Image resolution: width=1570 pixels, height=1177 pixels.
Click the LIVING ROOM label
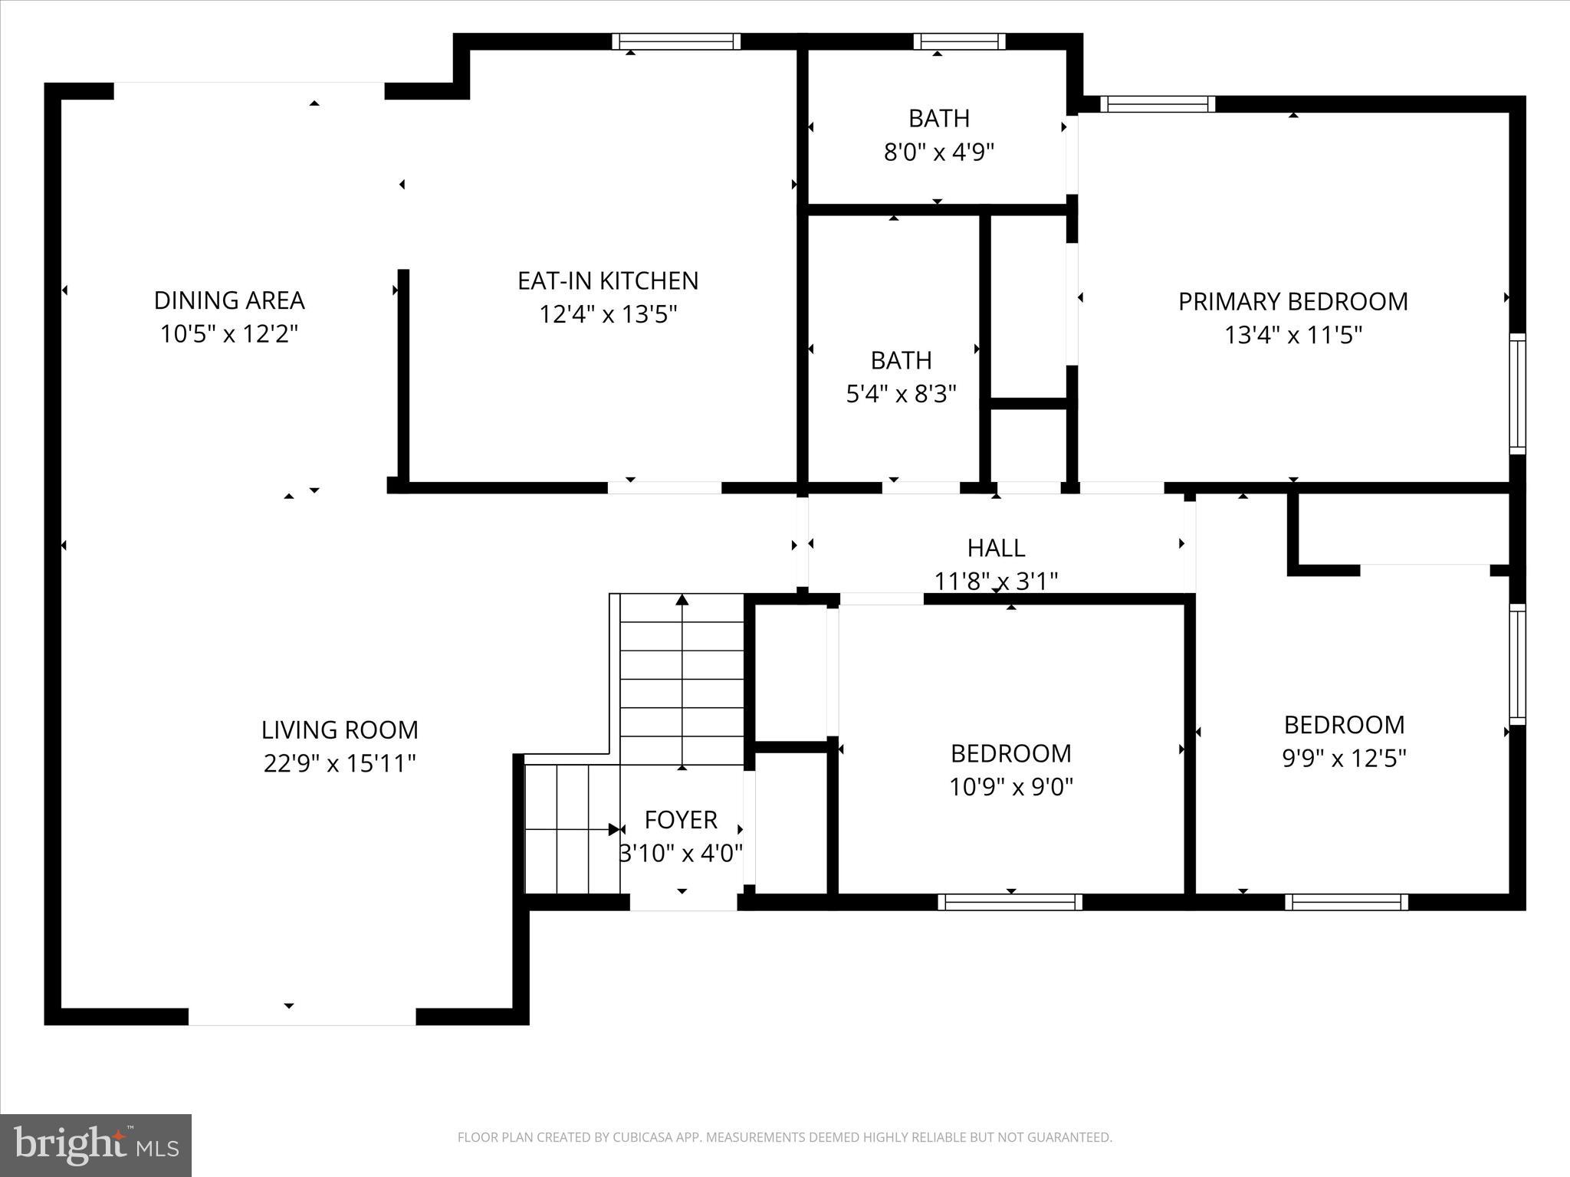(x=340, y=729)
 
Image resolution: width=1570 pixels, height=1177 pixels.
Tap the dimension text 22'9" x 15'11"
(x=340, y=764)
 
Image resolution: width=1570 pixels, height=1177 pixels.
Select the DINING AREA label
(x=229, y=300)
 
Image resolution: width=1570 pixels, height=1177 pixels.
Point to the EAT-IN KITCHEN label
(x=608, y=281)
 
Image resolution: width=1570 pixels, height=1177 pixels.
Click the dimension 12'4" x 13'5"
(x=608, y=315)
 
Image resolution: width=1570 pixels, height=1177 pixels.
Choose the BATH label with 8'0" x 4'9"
(x=939, y=119)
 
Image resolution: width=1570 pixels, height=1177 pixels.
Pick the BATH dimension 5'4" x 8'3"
(x=902, y=394)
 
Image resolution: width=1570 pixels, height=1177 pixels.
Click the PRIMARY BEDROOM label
(x=1292, y=302)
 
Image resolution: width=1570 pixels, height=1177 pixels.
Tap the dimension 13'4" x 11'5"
(x=1292, y=336)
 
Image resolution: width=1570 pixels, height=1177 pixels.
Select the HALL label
(x=996, y=548)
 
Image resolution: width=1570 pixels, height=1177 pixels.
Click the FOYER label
(x=681, y=820)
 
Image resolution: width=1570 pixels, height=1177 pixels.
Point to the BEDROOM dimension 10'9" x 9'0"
(x=1011, y=787)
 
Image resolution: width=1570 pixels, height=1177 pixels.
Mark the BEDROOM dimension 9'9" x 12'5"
(x=1344, y=759)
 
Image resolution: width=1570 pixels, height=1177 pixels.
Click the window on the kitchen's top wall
(x=676, y=41)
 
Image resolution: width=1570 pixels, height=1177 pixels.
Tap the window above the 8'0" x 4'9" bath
(x=959, y=41)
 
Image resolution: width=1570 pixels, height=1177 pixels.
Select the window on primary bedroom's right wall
(x=1517, y=393)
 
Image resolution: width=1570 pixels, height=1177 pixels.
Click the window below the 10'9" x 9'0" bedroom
(x=1010, y=903)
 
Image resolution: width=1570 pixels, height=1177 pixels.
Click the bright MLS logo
(x=96, y=1145)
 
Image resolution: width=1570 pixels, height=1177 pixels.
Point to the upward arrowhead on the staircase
(x=682, y=599)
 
